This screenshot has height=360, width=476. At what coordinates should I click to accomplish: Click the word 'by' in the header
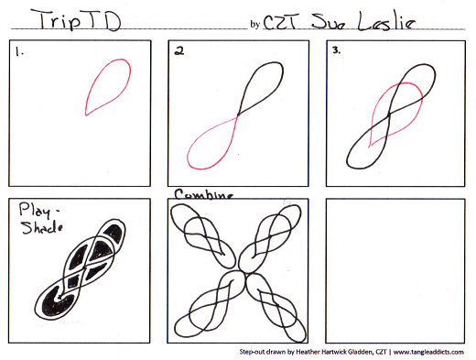[x=254, y=25]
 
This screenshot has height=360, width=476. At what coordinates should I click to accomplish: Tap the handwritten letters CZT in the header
[x=280, y=22]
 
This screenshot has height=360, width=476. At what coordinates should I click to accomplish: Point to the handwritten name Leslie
[x=386, y=21]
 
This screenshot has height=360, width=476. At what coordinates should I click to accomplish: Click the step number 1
[x=19, y=52]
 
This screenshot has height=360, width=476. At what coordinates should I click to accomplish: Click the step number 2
[x=179, y=50]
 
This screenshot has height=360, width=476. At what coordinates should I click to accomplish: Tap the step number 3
[x=336, y=50]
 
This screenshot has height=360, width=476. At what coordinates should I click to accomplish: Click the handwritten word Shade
[x=42, y=228]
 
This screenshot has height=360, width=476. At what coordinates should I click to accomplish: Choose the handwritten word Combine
[x=204, y=194]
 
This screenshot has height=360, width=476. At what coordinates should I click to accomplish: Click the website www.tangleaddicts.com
[x=428, y=352]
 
